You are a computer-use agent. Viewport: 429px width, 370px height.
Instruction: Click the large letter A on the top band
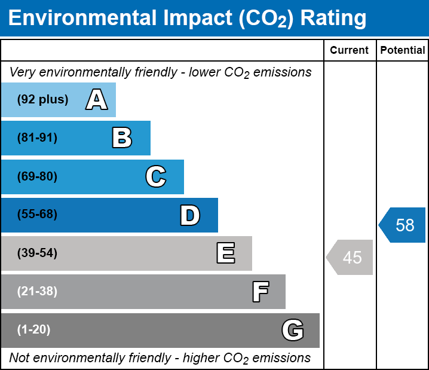(x=96, y=100)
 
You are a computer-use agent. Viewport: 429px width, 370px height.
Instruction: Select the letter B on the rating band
(x=122, y=138)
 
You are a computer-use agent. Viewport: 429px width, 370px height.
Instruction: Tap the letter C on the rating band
(x=156, y=177)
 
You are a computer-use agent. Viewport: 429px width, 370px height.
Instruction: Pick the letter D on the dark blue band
(x=190, y=215)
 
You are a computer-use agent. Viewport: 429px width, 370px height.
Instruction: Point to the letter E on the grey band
(x=225, y=253)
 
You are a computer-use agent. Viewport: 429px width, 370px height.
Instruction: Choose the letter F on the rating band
(x=260, y=292)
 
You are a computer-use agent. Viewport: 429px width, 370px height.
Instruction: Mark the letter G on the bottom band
(x=293, y=330)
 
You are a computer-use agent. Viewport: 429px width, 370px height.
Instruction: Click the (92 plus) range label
(x=42, y=100)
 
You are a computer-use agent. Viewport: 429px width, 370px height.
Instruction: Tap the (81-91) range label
(x=37, y=138)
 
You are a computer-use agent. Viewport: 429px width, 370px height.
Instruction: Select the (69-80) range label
(x=37, y=177)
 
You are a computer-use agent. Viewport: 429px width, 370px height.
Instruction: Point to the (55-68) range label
(x=37, y=215)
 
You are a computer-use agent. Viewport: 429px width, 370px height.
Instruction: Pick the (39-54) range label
(x=37, y=253)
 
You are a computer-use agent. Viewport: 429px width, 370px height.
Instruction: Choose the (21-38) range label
(x=37, y=292)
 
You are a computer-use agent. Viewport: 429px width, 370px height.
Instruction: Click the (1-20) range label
(x=34, y=330)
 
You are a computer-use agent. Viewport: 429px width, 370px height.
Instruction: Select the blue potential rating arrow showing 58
(x=403, y=225)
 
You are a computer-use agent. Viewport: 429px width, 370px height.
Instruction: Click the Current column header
(x=350, y=51)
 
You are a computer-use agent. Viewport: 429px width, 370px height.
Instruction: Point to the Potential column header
(x=403, y=51)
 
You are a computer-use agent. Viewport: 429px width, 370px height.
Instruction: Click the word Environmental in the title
(x=80, y=19)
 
